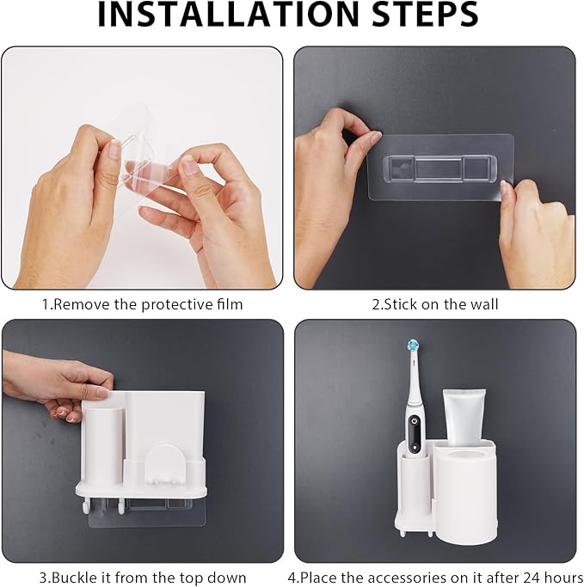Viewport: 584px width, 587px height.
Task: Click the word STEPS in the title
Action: (x=416, y=15)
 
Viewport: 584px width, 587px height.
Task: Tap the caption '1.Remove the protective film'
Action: (x=143, y=303)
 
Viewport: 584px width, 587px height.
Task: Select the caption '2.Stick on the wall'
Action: (x=434, y=303)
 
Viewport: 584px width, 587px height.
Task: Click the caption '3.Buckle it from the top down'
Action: (x=142, y=577)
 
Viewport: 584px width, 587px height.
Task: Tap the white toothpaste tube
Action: (x=464, y=413)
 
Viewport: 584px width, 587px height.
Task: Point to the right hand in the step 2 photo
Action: (x=533, y=232)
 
